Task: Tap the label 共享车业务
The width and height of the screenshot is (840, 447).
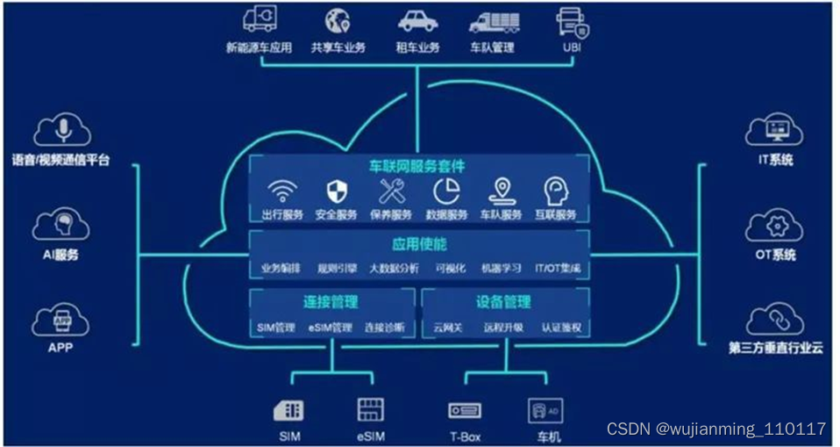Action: click(x=338, y=48)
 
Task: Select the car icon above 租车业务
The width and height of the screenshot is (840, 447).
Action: click(x=417, y=21)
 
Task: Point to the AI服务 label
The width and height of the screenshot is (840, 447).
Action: click(x=61, y=255)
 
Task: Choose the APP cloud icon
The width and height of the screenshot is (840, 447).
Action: click(x=61, y=319)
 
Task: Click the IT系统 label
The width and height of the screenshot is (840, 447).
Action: click(x=775, y=160)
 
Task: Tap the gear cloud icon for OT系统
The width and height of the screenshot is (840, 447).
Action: click(x=775, y=227)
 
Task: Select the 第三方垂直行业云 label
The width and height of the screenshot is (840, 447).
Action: click(x=775, y=348)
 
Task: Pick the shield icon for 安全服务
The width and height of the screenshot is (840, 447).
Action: click(x=336, y=191)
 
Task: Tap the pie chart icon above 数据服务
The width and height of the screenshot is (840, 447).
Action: click(x=446, y=191)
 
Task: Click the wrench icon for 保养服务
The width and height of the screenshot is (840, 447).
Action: click(x=391, y=191)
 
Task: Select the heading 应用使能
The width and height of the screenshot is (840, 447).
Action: click(x=418, y=243)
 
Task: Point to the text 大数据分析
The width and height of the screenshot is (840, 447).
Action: click(x=394, y=269)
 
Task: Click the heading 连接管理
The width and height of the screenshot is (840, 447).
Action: click(x=331, y=301)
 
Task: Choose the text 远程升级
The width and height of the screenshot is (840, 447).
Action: click(x=503, y=328)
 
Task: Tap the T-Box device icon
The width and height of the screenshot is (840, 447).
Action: click(x=464, y=410)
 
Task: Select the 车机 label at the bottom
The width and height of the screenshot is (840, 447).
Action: click(x=545, y=436)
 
